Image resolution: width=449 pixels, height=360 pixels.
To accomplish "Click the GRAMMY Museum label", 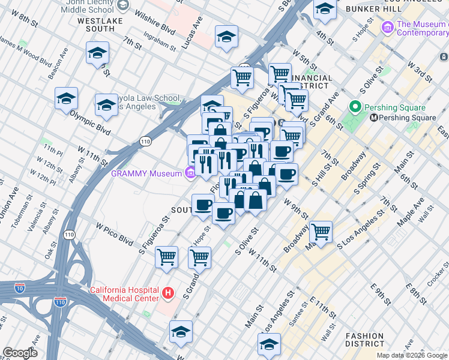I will tap(146, 173).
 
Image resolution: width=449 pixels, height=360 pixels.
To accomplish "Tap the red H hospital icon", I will tap(169, 294).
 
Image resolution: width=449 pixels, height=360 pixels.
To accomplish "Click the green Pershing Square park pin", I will tap(355, 108).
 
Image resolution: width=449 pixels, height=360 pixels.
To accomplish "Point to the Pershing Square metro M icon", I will tap(373, 118).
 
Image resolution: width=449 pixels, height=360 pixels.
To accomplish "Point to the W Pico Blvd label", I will tap(113, 234).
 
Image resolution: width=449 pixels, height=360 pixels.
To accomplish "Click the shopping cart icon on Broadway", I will tap(321, 231).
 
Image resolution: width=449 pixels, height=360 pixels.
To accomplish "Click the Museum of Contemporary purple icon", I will tap(388, 28).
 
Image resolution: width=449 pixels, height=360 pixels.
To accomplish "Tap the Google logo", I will tap(20, 353).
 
